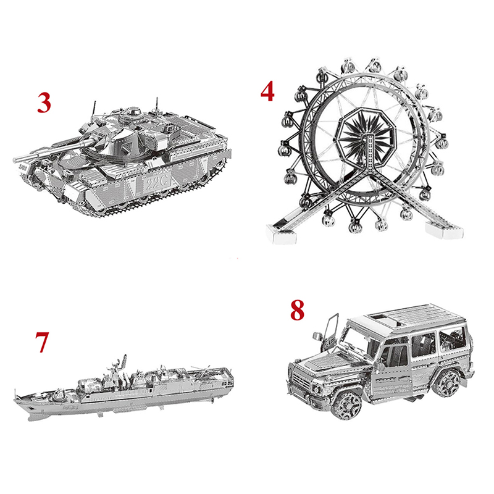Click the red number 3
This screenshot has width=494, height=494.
[44, 103]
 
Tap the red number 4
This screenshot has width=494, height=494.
[267, 91]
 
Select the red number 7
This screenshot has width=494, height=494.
[42, 343]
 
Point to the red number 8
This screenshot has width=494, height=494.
[297, 310]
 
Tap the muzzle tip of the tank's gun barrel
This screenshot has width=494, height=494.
[15, 160]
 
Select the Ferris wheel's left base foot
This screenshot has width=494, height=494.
[281, 235]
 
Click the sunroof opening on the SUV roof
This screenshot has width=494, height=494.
[383, 319]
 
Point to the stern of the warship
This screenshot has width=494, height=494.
[227, 380]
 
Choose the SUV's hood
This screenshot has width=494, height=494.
[329, 361]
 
